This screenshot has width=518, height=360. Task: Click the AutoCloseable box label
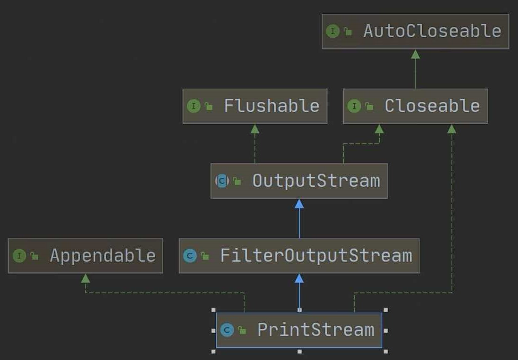pyautogui.click(x=432, y=31)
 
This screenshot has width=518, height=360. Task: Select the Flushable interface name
pyautogui.click(x=272, y=106)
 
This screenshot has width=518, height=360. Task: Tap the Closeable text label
pyautogui.click(x=432, y=106)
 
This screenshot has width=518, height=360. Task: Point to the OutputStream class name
pyautogui.click(x=316, y=181)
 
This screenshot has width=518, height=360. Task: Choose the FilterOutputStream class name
pyautogui.click(x=316, y=256)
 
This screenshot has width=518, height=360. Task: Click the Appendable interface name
pyautogui.click(x=102, y=256)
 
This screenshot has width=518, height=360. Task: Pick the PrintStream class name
pyautogui.click(x=315, y=330)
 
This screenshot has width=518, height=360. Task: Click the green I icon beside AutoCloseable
pyautogui.click(x=333, y=32)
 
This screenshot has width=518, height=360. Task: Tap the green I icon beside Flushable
pyautogui.click(x=194, y=106)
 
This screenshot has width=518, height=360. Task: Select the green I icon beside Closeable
pyautogui.click(x=354, y=106)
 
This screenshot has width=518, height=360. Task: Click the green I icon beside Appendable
pyautogui.click(x=19, y=256)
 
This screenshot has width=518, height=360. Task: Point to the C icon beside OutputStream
pyautogui.click(x=222, y=181)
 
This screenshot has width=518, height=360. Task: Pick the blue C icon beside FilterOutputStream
pyautogui.click(x=190, y=256)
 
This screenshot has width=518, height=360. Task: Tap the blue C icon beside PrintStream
pyautogui.click(x=227, y=330)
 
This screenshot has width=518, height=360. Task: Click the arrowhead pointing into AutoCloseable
pyautogui.click(x=416, y=54)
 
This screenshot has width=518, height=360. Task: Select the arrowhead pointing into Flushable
pyautogui.click(x=255, y=129)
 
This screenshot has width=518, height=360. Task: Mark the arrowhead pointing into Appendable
pyautogui.click(x=85, y=278)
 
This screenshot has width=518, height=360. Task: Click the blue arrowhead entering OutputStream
pyautogui.click(x=299, y=204)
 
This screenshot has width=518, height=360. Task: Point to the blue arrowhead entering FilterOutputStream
pyautogui.click(x=299, y=278)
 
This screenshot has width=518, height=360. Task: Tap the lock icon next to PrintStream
pyautogui.click(x=242, y=330)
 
